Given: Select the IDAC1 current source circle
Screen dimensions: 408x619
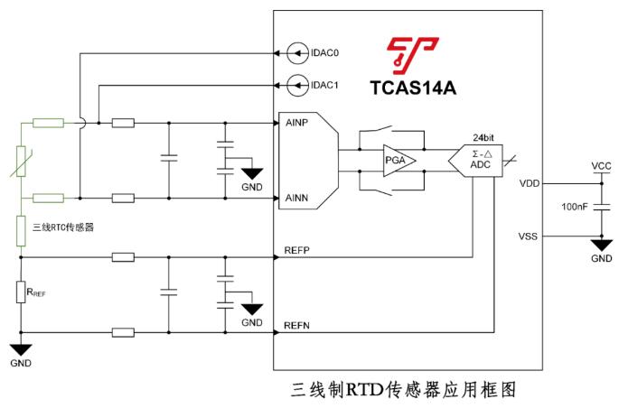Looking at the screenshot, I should click(x=295, y=86).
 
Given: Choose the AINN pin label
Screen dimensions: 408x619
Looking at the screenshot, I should click(x=298, y=197).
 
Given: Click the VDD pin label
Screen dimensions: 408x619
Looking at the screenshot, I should click(x=530, y=183).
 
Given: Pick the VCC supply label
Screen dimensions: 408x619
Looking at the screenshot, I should click(x=601, y=167).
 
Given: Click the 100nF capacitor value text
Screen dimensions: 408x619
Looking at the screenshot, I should click(x=575, y=208).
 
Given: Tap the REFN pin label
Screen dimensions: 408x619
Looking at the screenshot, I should click(x=297, y=325).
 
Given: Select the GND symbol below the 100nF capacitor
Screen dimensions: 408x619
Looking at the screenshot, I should click(x=601, y=246).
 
